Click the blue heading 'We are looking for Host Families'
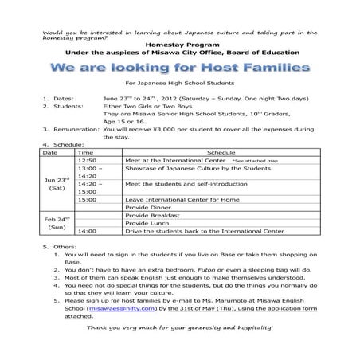[179, 65]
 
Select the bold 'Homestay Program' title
[179, 45]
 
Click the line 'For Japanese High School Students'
[179, 83]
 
